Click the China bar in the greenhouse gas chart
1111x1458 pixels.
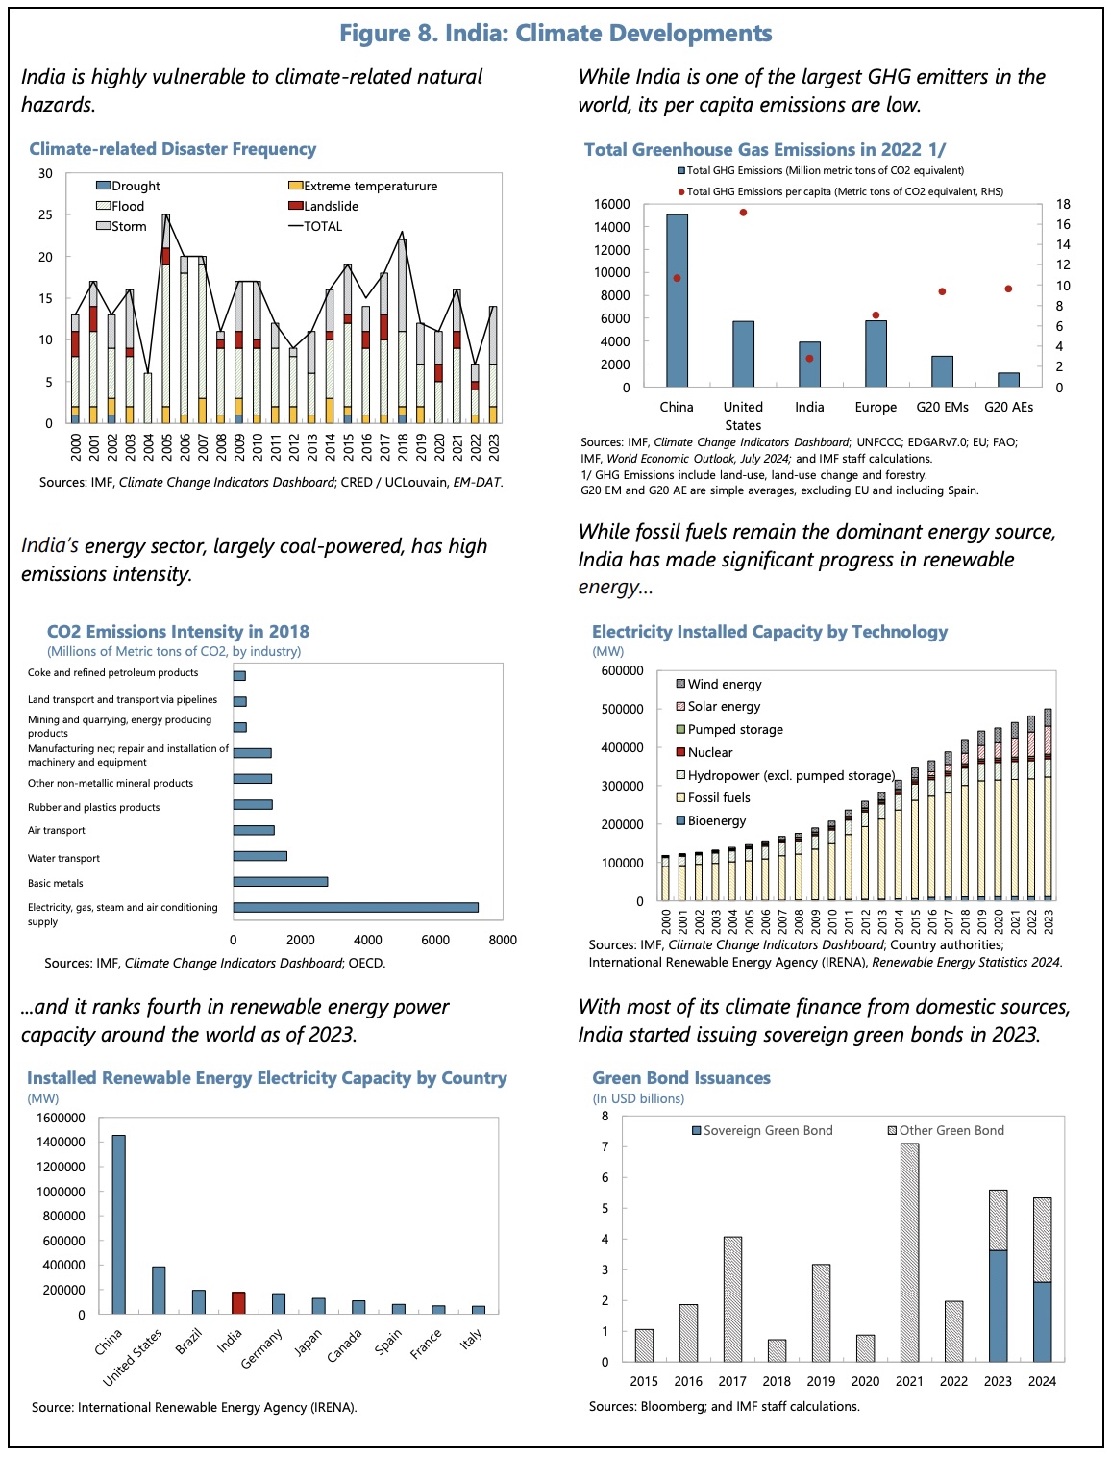coord(677,300)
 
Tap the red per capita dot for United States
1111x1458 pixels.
coord(743,213)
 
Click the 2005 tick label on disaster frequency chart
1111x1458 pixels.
coord(166,446)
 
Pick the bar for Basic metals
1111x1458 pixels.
coord(280,881)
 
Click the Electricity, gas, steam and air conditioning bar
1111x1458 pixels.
coord(356,907)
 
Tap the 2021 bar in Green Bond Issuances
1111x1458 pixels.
coord(909,1252)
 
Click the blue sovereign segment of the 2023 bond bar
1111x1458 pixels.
coord(998,1306)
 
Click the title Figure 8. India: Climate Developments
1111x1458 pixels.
coord(555,34)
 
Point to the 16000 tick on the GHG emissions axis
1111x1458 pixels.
coord(612,204)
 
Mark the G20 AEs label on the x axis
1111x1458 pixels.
coord(1008,407)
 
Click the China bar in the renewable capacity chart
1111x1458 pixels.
coord(118,1224)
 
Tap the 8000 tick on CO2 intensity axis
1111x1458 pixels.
coord(502,940)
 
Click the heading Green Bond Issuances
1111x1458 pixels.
coord(681,1078)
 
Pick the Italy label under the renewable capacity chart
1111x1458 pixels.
coord(471,1338)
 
